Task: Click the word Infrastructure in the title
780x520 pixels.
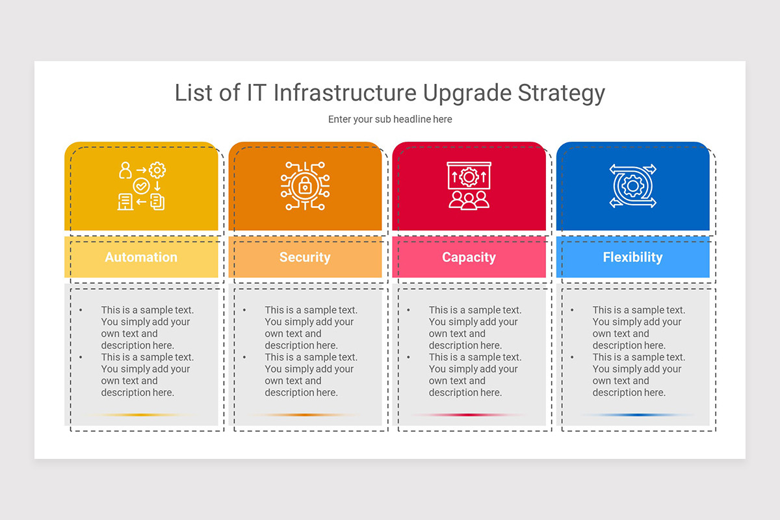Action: pyautogui.click(x=345, y=93)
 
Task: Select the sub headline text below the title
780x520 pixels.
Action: pyautogui.click(x=390, y=120)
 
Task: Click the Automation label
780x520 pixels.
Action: pyautogui.click(x=141, y=257)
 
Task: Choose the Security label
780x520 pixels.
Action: pyautogui.click(x=305, y=257)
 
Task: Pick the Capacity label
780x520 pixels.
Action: pyautogui.click(x=469, y=257)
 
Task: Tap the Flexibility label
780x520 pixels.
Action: pyautogui.click(x=632, y=257)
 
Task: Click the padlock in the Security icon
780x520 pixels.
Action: pyautogui.click(x=305, y=187)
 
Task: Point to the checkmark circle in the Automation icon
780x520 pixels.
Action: pyautogui.click(x=141, y=187)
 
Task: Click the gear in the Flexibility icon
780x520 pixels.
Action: pyautogui.click(x=632, y=186)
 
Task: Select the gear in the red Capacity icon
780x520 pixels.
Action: pyautogui.click(x=469, y=176)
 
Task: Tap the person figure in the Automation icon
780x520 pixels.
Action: pyautogui.click(x=125, y=170)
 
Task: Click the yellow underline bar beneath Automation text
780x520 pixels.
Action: pyautogui.click(x=141, y=415)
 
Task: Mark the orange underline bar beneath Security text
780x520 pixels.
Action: pyautogui.click(x=305, y=415)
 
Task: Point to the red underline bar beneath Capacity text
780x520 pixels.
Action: pyautogui.click(x=469, y=415)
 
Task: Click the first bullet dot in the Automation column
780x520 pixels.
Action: pyautogui.click(x=81, y=311)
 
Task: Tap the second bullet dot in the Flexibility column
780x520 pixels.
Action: pyautogui.click(x=572, y=357)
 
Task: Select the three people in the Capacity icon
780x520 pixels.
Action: pyautogui.click(x=469, y=200)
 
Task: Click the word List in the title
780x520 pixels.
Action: pyautogui.click(x=194, y=93)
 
